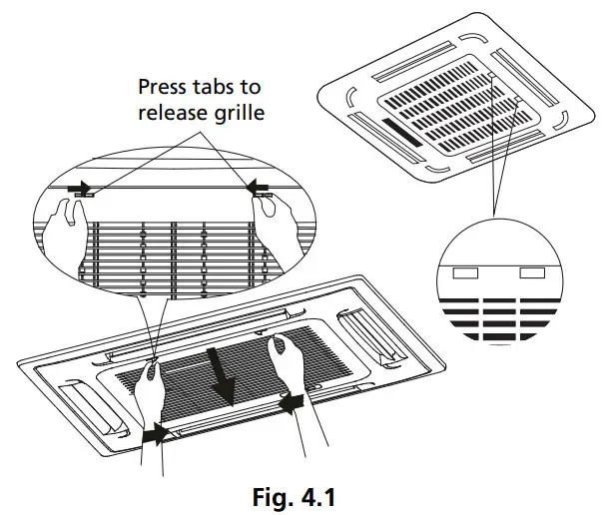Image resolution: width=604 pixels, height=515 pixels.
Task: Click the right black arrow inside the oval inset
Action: coord(258,186)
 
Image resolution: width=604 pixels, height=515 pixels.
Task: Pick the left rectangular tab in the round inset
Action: coord(466,272)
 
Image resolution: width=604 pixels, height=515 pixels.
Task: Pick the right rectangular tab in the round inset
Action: coord(532,272)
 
